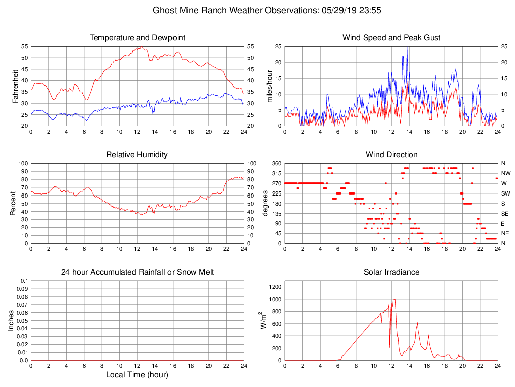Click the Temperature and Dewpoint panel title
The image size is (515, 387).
pos(137,38)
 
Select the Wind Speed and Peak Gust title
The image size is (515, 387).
pos(391,38)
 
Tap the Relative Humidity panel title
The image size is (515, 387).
pos(137,155)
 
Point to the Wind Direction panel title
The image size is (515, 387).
pos(391,155)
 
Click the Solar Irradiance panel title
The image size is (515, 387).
pos(391,272)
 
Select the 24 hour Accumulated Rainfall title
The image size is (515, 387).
pos(137,272)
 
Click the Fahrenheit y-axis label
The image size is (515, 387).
pos(16,86)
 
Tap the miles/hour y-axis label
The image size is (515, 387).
pos(270,86)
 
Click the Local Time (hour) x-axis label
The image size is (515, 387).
pos(137,375)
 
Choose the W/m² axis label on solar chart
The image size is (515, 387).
pos(262,320)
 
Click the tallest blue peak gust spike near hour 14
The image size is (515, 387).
pos(407,47)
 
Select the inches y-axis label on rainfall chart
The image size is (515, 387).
pos(12,321)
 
